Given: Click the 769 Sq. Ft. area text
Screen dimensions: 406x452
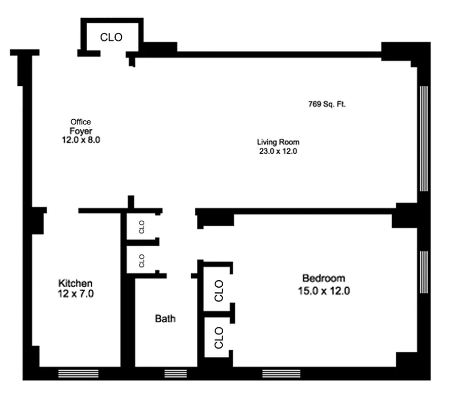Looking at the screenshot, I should (327, 105).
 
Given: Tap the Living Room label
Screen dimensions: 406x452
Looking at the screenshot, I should (277, 142).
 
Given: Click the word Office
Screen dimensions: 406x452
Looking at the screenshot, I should (81, 122).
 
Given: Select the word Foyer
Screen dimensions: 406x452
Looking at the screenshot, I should (81, 130).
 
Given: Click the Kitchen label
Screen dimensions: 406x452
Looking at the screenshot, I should (75, 283).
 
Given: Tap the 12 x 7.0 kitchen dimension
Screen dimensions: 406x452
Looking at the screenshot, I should (75, 293).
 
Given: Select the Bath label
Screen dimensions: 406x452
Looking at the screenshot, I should (165, 319).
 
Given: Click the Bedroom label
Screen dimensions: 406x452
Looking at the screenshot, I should (324, 278).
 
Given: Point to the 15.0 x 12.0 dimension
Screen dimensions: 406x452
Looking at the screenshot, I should (324, 291).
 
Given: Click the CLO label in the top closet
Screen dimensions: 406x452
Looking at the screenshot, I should (111, 38).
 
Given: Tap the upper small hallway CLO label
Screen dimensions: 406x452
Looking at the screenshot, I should (142, 225).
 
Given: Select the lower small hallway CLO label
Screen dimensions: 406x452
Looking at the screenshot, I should (142, 260).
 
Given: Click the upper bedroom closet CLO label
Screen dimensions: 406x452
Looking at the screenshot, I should (219, 290).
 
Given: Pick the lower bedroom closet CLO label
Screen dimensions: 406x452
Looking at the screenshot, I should (219, 337).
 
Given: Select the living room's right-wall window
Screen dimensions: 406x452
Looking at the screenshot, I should (424, 138).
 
